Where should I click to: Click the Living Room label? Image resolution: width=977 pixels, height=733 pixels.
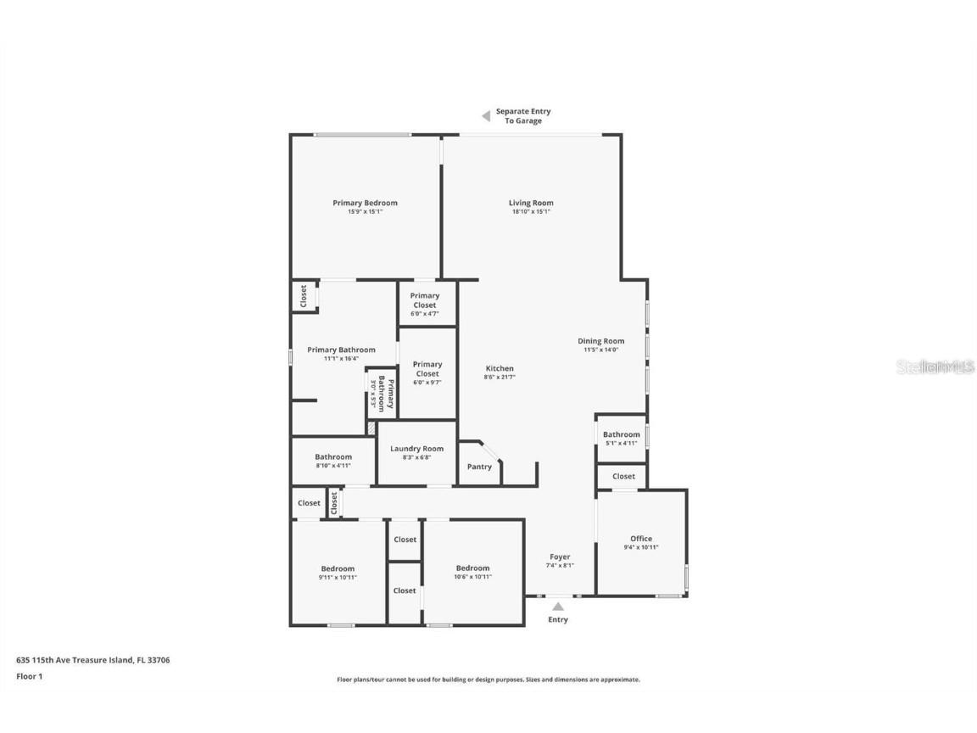pos(531,203)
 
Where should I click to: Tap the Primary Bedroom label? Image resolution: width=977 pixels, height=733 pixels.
pos(365,203)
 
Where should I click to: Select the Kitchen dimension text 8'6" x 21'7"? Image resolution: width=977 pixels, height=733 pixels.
pos(500,378)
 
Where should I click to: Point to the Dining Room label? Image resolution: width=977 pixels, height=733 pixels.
pos(601,341)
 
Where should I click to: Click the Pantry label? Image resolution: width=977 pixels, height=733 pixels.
pos(479,467)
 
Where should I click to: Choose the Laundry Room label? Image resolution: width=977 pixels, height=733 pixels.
pos(416,449)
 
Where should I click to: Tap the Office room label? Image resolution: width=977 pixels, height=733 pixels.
pos(641,539)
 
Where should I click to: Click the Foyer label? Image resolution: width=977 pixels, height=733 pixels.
pos(560,557)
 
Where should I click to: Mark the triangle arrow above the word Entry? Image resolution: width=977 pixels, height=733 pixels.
pos(558,606)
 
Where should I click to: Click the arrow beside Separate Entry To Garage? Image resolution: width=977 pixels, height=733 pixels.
pos(486,116)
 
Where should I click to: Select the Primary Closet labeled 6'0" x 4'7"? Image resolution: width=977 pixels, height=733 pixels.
pos(425,300)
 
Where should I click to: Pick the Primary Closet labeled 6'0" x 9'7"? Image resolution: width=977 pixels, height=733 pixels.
pos(427,369)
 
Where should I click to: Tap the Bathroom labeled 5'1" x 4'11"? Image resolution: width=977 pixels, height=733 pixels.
pos(621,434)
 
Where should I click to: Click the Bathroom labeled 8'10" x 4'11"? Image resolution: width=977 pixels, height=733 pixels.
pos(333,457)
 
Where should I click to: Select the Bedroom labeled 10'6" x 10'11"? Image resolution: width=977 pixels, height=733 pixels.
pos(472,568)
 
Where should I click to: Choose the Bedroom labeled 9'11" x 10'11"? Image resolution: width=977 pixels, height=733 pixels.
pos(338,568)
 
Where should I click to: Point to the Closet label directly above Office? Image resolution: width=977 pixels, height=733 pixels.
pos(623,477)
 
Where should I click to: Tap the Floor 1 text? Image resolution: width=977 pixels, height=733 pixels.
pos(29,676)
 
